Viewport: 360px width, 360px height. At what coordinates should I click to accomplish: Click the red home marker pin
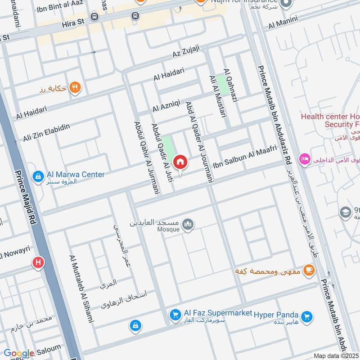180,162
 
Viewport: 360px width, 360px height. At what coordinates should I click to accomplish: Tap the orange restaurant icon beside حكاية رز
75,88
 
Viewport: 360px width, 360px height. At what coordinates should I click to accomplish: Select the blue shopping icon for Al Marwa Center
38,176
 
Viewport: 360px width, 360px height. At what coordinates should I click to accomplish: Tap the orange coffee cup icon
309,270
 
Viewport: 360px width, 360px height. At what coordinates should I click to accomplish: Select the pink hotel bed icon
305,160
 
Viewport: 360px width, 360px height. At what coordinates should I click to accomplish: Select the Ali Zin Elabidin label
46,132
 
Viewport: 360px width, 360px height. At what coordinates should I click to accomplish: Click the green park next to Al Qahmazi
221,85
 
